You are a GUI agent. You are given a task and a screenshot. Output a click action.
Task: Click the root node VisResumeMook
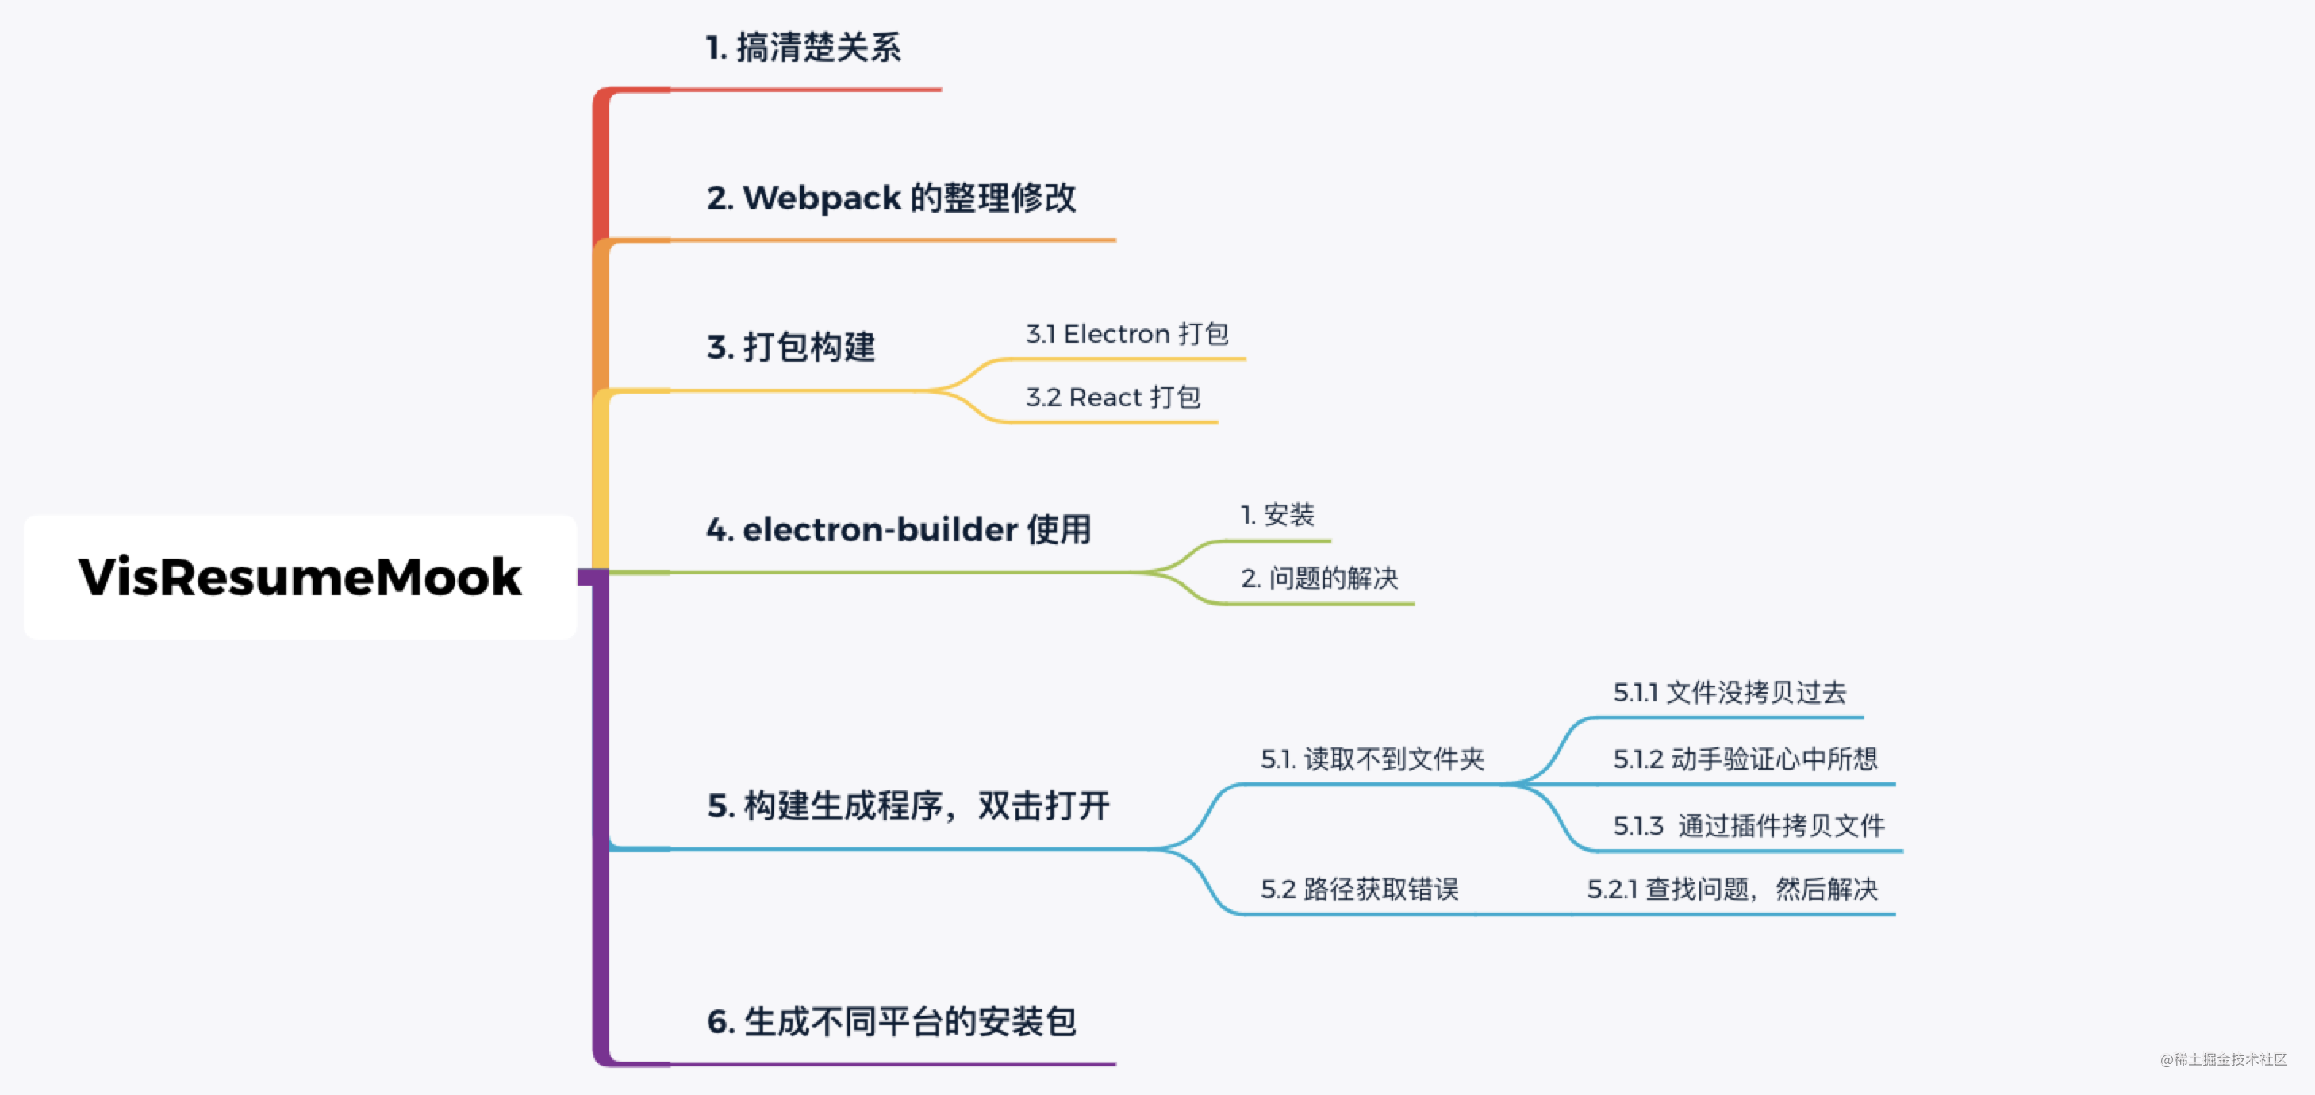(x=299, y=576)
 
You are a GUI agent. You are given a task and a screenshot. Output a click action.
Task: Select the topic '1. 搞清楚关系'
(x=803, y=48)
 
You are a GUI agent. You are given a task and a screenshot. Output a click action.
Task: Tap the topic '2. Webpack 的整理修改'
(x=891, y=198)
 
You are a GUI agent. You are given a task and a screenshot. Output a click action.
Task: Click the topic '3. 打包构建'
(x=791, y=347)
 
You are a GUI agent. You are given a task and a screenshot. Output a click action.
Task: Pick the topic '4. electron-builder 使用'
(x=899, y=529)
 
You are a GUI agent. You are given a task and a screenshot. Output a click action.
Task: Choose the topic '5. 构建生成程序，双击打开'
(x=908, y=805)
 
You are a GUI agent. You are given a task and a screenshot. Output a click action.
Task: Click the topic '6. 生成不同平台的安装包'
(x=891, y=1021)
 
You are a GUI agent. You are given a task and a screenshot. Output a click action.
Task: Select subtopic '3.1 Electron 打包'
(x=1127, y=334)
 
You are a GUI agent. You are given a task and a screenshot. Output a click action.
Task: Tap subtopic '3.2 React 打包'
(x=1112, y=398)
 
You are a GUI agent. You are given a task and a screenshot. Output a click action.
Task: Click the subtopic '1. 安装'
(x=1277, y=515)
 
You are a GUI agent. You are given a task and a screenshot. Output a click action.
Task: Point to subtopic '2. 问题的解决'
(x=1319, y=578)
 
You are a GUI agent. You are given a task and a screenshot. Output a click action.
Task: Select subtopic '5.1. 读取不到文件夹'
(x=1372, y=759)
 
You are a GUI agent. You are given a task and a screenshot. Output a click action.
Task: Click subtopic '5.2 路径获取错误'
(x=1360, y=889)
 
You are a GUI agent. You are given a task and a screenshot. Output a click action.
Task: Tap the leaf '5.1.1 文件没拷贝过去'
(x=1729, y=692)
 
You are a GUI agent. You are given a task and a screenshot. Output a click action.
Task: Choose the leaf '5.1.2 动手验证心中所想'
(x=1745, y=759)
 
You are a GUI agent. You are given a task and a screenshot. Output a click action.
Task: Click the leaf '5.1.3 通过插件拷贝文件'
(x=1749, y=825)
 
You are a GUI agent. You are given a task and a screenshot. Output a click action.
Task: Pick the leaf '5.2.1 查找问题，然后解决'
(x=1733, y=889)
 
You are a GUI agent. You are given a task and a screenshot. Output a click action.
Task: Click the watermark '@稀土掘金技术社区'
(x=2223, y=1060)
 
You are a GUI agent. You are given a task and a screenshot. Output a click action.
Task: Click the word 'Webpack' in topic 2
(x=821, y=198)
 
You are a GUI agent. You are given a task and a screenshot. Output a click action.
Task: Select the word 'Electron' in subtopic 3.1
(x=1117, y=334)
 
